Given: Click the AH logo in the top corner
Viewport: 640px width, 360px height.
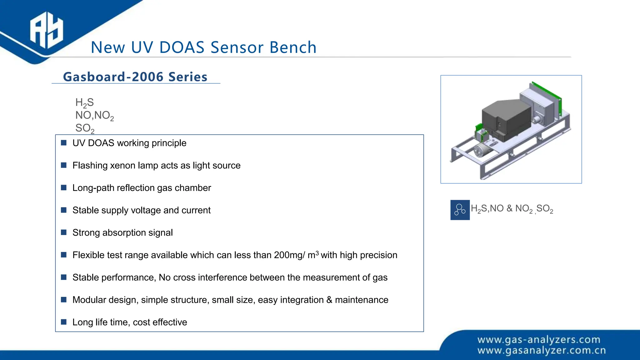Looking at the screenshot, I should pos(46,31).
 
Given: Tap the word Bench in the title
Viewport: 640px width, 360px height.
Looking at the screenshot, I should pos(293,47).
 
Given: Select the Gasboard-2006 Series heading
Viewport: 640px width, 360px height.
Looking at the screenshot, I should pos(135,77).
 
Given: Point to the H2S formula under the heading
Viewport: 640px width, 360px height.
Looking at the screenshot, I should pos(84,103).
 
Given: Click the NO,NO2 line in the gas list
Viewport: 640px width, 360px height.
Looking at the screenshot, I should pos(94,116).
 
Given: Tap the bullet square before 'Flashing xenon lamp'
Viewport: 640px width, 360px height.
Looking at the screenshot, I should pos(64,165).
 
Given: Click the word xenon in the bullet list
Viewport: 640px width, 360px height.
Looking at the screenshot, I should pos(124,166).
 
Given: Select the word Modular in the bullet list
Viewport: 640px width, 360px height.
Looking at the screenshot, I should pos(89,300).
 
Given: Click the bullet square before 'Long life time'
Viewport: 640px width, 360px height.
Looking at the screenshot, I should pos(64,322).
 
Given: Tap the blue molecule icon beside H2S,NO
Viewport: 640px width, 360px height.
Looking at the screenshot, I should pos(460,210).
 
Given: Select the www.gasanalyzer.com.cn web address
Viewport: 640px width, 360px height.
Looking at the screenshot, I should pos(542,351).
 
